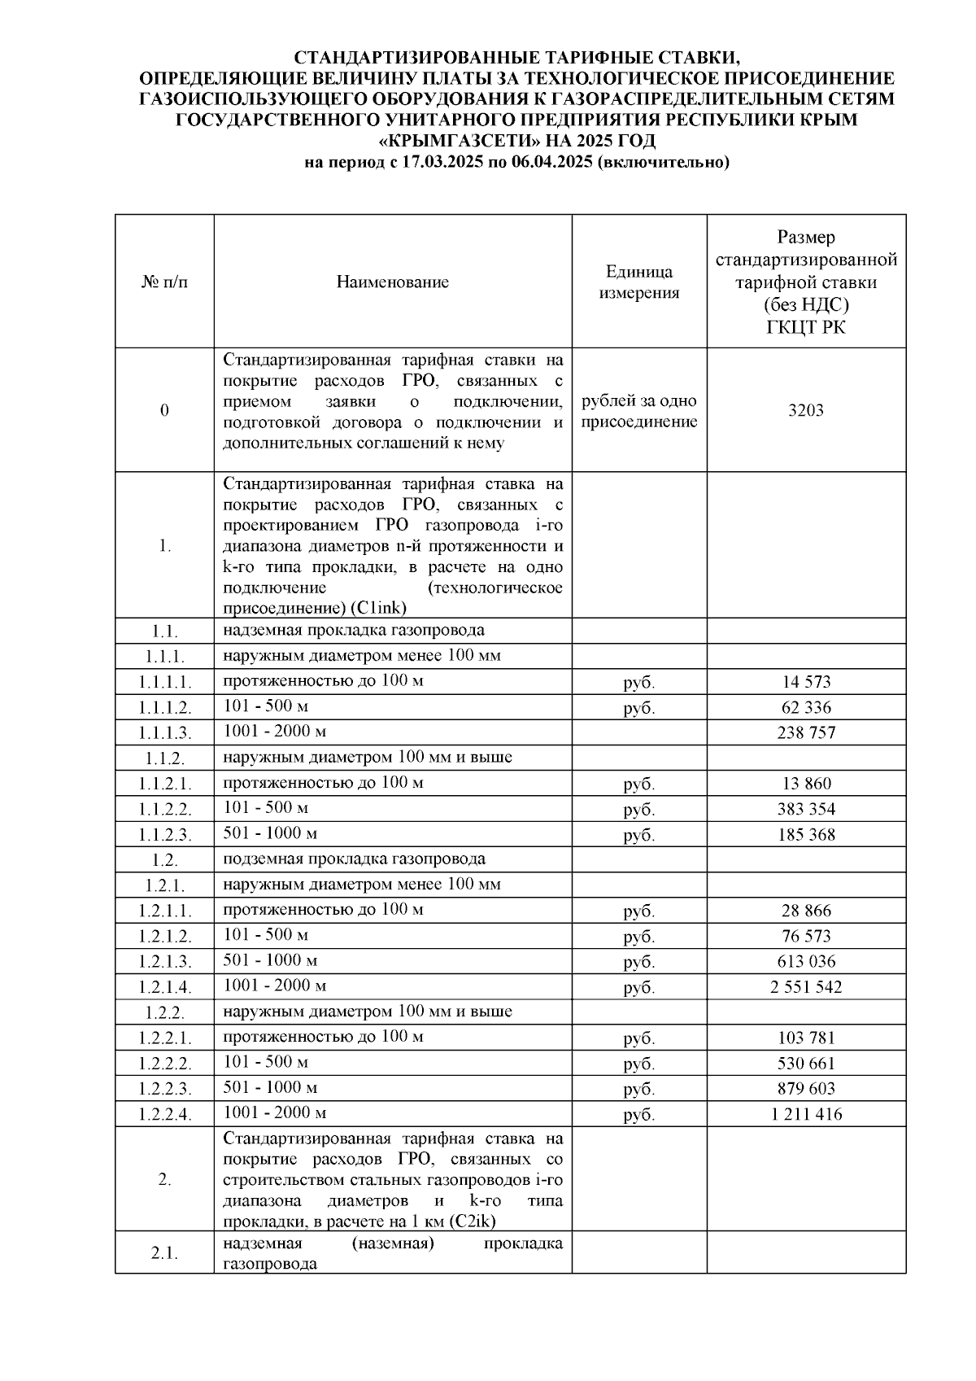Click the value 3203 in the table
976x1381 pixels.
[x=805, y=410]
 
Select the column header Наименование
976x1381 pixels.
[x=392, y=282]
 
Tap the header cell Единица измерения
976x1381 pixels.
[x=638, y=282]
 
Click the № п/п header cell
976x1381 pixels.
[x=164, y=282]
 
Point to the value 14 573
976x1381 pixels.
[x=805, y=682]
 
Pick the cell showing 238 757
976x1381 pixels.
[x=805, y=732]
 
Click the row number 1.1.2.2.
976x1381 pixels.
[x=164, y=810]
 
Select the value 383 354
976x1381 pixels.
[x=805, y=809]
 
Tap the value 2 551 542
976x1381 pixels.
[x=805, y=987]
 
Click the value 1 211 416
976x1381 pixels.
[x=805, y=1114]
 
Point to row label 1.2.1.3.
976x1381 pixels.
[x=164, y=962]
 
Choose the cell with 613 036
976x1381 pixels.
[x=805, y=961]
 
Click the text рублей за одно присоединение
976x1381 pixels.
[x=638, y=412]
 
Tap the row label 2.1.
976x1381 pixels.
[x=164, y=1253]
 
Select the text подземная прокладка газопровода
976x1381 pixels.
[x=354, y=859]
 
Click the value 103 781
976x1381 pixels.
[x=805, y=1038]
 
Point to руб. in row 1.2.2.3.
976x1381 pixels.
[x=638, y=1090]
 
